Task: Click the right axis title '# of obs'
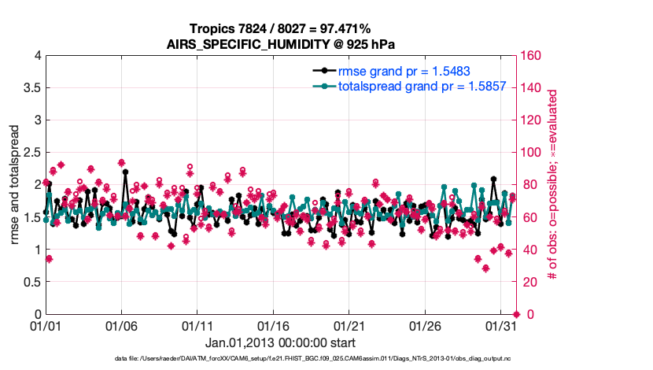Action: pyautogui.click(x=553, y=184)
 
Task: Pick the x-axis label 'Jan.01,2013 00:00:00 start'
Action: pyautogui.click(x=280, y=342)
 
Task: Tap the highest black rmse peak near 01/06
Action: pyautogui.click(x=125, y=172)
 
